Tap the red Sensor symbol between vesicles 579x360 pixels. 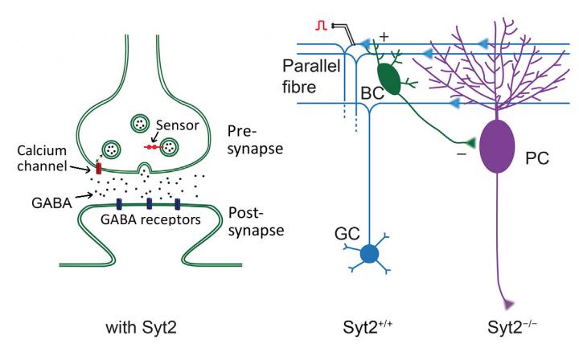pyautogui.click(x=152, y=147)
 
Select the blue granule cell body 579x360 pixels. pyautogui.click(x=369, y=254)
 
